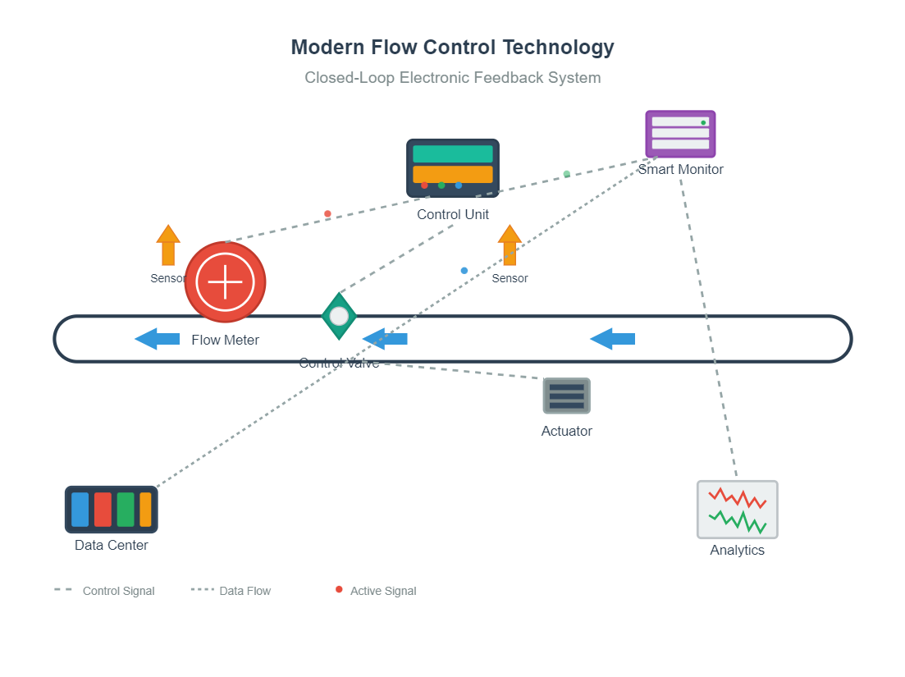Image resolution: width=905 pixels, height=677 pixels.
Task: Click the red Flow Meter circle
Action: pyautogui.click(x=225, y=282)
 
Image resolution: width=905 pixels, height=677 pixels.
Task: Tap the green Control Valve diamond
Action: pyautogui.click(x=339, y=316)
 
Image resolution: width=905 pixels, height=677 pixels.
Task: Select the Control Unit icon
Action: pyautogui.click(x=452, y=167)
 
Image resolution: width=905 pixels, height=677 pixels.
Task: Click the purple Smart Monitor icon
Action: pyautogui.click(x=680, y=133)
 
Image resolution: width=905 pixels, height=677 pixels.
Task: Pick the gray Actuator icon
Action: pyautogui.click(x=566, y=396)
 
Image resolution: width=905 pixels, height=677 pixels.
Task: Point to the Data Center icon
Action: pyautogui.click(x=112, y=510)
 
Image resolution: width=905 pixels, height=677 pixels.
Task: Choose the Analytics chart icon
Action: pyautogui.click(x=737, y=510)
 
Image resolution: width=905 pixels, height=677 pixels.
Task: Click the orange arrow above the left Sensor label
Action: pyautogui.click(x=168, y=245)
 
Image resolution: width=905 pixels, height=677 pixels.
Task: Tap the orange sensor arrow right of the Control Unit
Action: pyautogui.click(x=510, y=245)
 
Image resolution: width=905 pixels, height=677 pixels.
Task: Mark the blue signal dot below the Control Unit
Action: pyautogui.click(x=464, y=270)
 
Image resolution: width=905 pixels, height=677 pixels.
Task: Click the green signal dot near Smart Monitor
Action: pyautogui.click(x=566, y=174)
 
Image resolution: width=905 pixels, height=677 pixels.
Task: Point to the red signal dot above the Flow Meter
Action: pyautogui.click(x=327, y=214)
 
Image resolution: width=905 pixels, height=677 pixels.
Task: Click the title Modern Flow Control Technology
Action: pyautogui.click(x=452, y=48)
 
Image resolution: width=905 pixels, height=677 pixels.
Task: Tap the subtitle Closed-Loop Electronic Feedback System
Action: pyautogui.click(x=452, y=78)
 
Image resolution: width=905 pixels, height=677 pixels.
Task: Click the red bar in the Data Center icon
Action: pyautogui.click(x=103, y=510)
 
